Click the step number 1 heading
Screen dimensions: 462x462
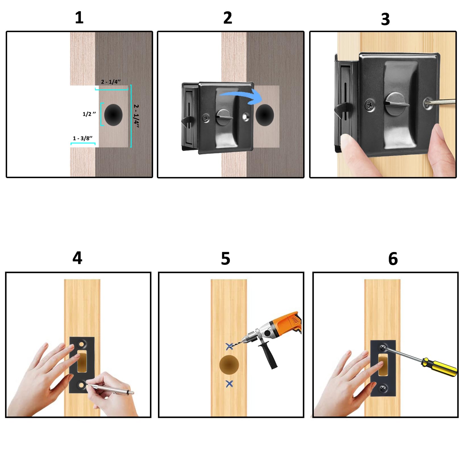[x=79, y=18]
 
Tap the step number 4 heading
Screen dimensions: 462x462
[x=77, y=258]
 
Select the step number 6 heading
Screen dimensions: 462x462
[x=393, y=259]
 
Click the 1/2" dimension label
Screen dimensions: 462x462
[x=89, y=114]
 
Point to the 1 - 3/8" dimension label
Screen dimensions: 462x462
[x=83, y=138]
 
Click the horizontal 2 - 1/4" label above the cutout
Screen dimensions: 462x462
[x=111, y=82]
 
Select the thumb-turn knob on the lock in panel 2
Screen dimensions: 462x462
[x=224, y=116]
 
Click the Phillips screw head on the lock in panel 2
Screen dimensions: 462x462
[x=206, y=118]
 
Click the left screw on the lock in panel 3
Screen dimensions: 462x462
[x=370, y=105]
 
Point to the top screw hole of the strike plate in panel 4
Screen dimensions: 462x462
[x=82, y=345]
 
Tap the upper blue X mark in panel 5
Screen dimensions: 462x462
[x=229, y=346]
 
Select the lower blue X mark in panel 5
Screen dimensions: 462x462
[x=229, y=384]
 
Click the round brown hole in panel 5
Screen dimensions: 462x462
[x=229, y=365]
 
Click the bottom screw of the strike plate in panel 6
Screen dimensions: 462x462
[x=383, y=388]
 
